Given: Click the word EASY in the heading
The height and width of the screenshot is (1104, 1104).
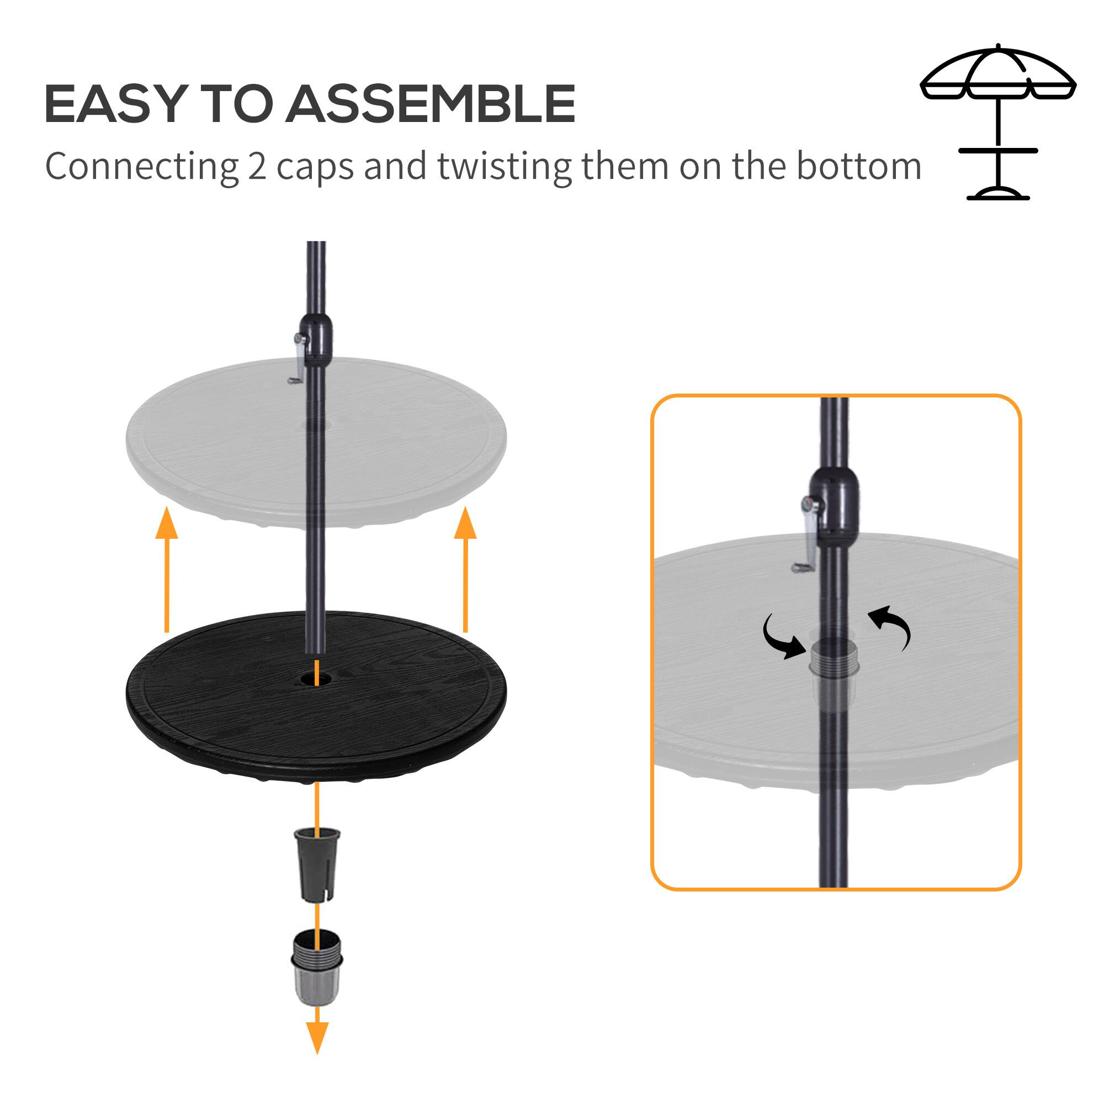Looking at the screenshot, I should [113, 104].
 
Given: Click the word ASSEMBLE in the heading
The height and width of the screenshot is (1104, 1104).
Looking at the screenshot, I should [431, 104].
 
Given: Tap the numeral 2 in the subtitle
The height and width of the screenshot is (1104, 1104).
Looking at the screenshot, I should [257, 167].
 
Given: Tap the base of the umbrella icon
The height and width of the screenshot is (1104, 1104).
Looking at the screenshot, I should [997, 194].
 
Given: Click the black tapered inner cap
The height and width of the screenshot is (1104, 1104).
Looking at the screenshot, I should [316, 864].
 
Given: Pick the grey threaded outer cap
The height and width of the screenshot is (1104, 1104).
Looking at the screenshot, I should [316, 969].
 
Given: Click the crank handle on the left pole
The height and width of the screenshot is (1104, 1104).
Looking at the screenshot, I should [298, 360].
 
